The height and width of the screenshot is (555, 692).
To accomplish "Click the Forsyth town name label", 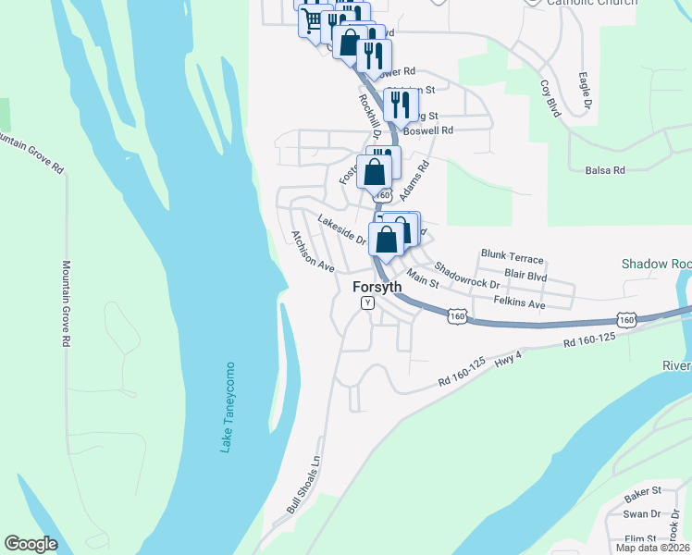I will click(377, 287).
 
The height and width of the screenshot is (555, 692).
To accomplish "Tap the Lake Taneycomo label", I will click(227, 407).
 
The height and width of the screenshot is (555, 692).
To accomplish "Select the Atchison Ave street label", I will click(313, 251).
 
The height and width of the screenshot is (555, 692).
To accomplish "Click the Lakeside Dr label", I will click(342, 228).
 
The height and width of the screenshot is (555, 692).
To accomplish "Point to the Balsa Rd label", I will click(606, 170).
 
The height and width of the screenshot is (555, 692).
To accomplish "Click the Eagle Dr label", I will click(585, 91).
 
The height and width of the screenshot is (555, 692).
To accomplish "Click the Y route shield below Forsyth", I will click(367, 302).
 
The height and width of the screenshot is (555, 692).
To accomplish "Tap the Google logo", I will click(31, 544).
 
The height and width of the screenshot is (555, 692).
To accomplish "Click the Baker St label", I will click(643, 490).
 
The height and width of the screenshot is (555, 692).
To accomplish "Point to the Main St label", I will click(423, 279).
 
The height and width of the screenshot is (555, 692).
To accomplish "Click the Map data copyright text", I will click(652, 548).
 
